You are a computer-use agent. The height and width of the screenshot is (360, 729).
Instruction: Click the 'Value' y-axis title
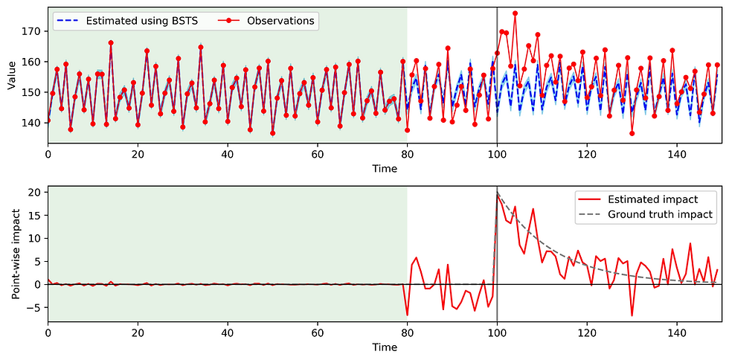[x=12, y=75]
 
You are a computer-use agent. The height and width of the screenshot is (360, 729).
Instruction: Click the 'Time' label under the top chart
[x=385, y=169]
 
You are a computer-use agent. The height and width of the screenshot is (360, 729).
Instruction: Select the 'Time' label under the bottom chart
[x=385, y=347]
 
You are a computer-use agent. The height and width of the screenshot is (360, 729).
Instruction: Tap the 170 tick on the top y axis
[x=33, y=32]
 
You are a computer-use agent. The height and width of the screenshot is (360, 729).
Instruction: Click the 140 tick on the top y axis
[x=33, y=123]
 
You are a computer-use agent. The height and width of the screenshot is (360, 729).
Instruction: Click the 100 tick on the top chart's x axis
[x=497, y=155]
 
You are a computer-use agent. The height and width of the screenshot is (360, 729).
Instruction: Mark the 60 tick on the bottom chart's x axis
[x=318, y=334]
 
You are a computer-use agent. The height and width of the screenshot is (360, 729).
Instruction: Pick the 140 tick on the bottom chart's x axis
[x=677, y=334]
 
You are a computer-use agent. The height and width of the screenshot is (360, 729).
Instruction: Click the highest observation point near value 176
[x=515, y=13]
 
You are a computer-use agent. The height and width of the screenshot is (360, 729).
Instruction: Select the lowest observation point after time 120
[x=632, y=133]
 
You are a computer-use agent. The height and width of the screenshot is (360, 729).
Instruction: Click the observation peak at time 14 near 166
[x=111, y=43]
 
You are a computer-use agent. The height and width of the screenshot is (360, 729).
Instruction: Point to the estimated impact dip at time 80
[x=408, y=314]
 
